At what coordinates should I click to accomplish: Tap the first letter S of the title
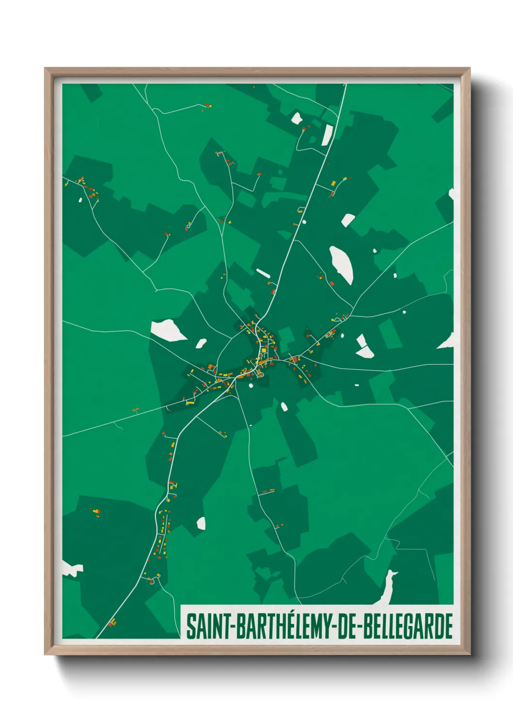tap(191, 626)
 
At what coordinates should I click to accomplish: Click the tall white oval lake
tap(341, 264)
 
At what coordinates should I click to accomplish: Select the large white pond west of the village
tap(167, 330)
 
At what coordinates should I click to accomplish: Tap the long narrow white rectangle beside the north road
tap(328, 135)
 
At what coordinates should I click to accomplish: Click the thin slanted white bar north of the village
tap(263, 274)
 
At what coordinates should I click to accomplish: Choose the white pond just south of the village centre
tap(284, 406)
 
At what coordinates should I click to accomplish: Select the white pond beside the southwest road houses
tap(201, 523)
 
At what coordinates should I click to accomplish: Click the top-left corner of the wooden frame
tap(46, 69)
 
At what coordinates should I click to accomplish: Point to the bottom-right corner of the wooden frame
tap(469, 653)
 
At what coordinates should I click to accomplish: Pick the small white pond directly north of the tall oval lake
tap(348, 220)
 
